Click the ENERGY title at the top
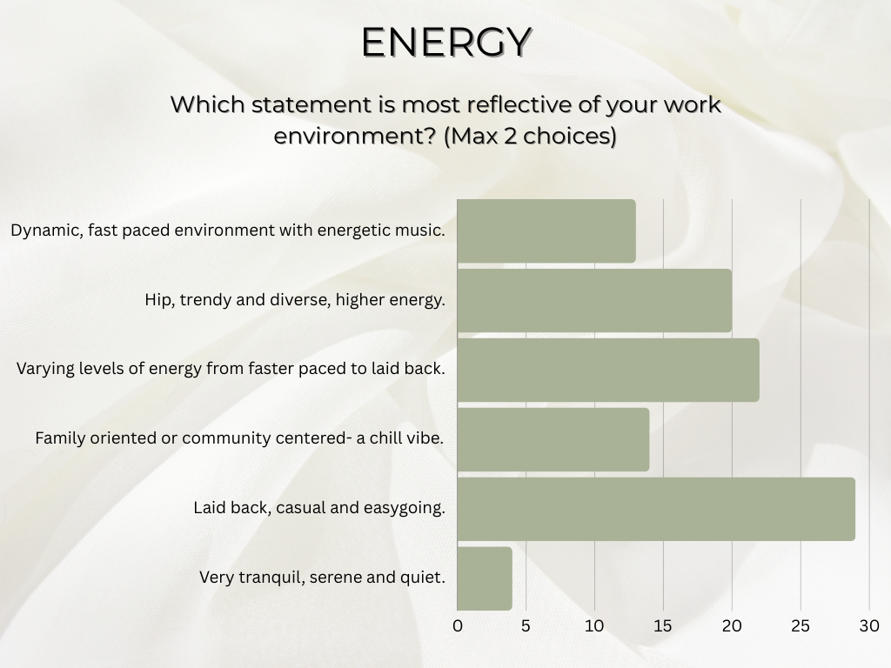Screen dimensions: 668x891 coord(445,42)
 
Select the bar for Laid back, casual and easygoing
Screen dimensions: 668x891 coord(655,509)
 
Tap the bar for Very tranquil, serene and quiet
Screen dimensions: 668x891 coord(484,578)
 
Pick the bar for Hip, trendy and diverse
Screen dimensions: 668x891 coord(593,300)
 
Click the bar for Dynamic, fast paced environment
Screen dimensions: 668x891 coord(546,231)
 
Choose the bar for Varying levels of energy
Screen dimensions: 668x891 coord(607,370)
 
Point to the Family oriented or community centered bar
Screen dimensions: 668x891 coord(553,439)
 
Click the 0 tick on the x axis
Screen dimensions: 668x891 coord(458,625)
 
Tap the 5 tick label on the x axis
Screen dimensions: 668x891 coord(526,625)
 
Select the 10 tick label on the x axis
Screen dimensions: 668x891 coord(594,625)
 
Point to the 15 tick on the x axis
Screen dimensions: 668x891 coord(663,625)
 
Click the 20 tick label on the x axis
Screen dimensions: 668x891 coord(732,625)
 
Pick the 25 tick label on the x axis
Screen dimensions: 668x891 coord(801,625)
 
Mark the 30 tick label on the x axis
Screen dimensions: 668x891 coord(868,625)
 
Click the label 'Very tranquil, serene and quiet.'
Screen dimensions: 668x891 coord(322,577)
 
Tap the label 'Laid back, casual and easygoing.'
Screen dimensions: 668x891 coord(318,507)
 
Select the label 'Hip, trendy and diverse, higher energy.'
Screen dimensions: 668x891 coord(295,300)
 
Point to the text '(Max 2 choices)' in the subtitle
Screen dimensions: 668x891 coord(530,137)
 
